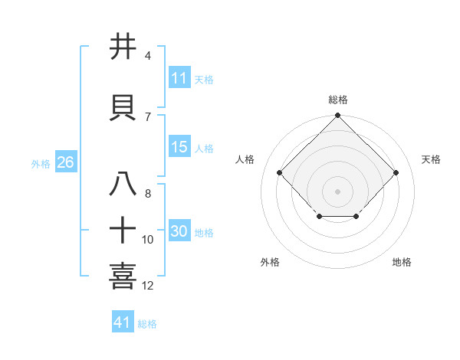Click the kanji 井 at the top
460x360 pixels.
123,47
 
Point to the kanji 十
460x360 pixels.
123,230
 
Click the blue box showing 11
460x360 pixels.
179,78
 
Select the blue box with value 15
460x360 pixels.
179,148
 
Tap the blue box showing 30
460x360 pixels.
179,232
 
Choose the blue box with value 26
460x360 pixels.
65,162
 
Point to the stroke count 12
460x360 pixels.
148,286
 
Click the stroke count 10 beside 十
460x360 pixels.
148,240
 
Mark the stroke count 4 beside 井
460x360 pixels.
148,56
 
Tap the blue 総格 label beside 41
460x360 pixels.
147,324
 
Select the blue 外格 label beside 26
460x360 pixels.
41,163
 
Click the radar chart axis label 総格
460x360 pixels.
337,100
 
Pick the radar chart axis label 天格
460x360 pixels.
431,159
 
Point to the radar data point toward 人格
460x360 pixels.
280,173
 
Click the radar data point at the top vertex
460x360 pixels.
337,116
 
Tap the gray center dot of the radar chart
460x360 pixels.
337,191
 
